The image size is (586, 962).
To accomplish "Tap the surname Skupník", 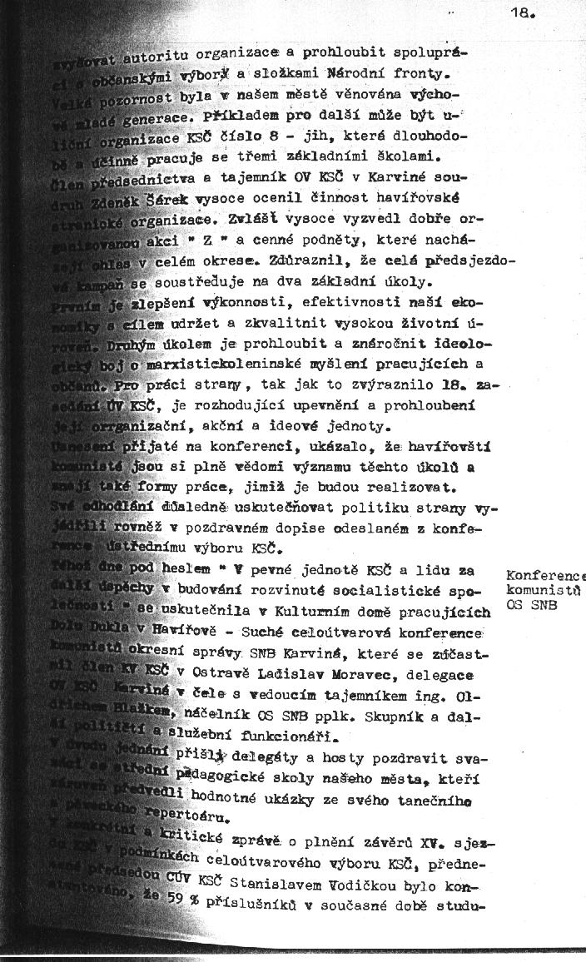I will (380, 713).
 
